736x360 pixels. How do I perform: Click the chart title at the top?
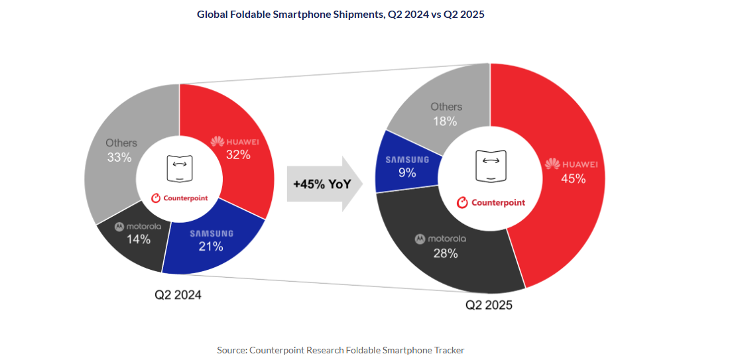click(x=341, y=14)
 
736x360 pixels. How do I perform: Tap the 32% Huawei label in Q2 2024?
click(x=237, y=155)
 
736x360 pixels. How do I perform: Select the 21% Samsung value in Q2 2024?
click(x=212, y=247)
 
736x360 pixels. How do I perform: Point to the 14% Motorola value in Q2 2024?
click(x=138, y=239)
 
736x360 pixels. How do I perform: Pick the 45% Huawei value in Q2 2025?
click(x=573, y=178)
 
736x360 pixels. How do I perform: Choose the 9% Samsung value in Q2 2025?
click(x=407, y=173)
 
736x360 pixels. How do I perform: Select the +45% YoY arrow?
click(x=324, y=184)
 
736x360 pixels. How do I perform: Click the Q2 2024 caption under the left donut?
click(x=178, y=295)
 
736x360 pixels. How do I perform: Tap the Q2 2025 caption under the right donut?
click(x=489, y=305)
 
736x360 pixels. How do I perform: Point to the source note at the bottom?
click(x=341, y=350)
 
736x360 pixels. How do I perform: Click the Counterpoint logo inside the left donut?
click(x=180, y=198)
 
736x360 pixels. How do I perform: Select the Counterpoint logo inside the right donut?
click(x=491, y=202)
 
